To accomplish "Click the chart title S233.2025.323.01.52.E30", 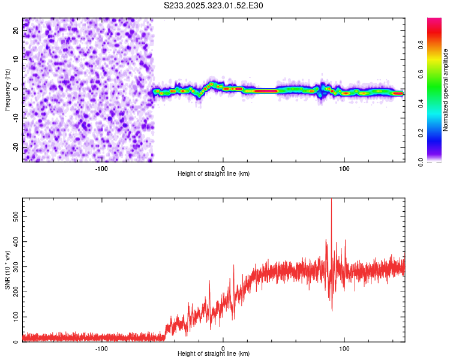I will [214, 5].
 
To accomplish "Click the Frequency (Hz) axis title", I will [7, 90].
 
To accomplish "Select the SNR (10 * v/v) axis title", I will [7, 270].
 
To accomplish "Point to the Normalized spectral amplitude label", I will [446, 90].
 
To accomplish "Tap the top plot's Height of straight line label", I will [214, 173].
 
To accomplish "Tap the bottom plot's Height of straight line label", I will [214, 353].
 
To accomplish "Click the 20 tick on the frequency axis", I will [16, 31].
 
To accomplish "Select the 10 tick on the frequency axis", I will [16, 60].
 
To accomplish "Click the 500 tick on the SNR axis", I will [14, 215].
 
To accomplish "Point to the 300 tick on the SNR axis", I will [14, 266].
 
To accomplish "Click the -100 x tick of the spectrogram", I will [101, 167].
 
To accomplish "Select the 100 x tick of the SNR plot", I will [345, 347].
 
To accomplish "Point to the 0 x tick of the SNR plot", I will [223, 347].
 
